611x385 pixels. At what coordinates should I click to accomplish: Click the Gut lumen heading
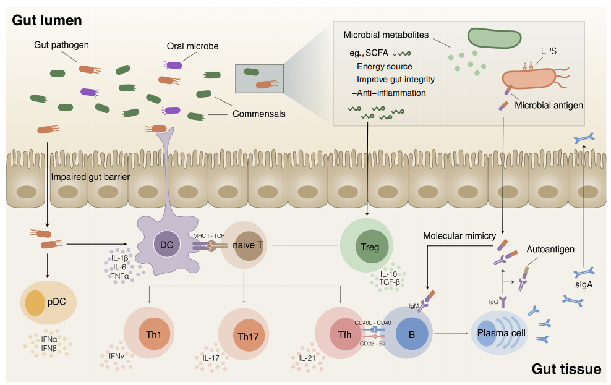point(47,20)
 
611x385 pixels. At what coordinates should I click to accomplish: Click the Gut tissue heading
point(566,369)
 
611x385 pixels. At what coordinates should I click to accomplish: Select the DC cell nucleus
point(166,245)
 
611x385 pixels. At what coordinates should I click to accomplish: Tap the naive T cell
point(248,246)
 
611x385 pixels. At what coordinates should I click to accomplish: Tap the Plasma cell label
point(501,333)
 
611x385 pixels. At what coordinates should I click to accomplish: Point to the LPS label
point(548,51)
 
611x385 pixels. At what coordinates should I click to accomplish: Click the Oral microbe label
point(193,46)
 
